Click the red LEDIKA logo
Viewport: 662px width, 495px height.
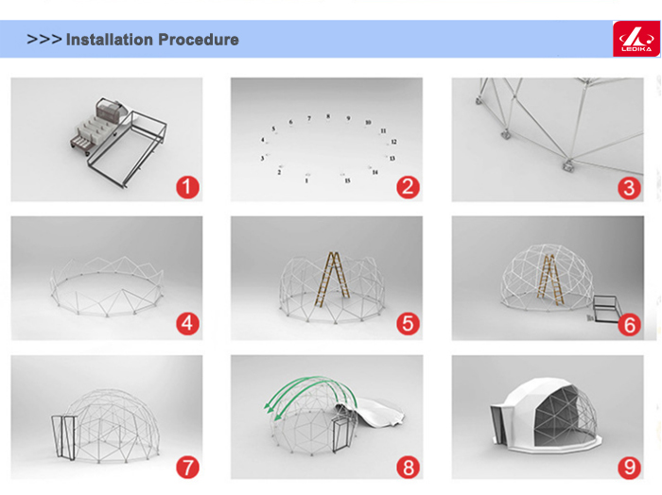[636, 39]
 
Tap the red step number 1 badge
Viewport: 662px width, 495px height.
[188, 187]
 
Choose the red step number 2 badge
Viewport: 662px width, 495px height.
[409, 187]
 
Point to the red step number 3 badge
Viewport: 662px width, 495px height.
[629, 188]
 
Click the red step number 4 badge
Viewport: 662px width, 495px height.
[188, 324]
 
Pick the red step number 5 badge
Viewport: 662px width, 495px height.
[409, 324]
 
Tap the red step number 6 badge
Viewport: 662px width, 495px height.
[629, 325]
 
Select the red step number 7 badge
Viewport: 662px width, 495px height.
[188, 468]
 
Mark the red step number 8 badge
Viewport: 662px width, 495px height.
[409, 468]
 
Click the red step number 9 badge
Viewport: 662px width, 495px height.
[629, 468]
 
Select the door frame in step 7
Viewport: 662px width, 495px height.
[64, 437]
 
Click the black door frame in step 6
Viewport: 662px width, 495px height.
[607, 309]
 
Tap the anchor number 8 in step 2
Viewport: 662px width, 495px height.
[328, 116]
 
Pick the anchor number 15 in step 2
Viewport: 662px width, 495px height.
[347, 180]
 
